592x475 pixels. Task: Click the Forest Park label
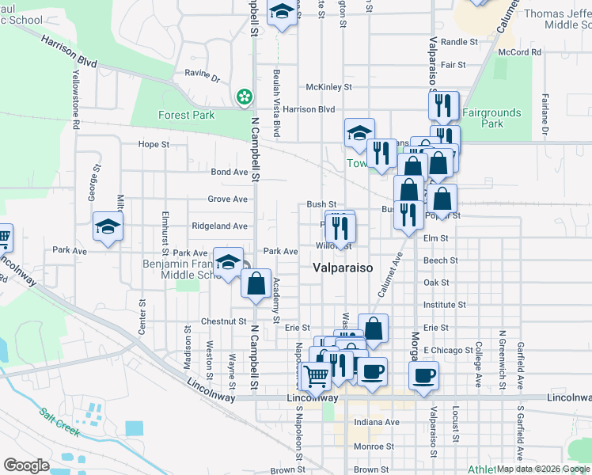(186, 115)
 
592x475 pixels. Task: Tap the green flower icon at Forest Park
(245, 97)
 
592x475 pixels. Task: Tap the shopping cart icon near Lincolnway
(316, 376)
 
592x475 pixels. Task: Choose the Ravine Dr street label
(203, 78)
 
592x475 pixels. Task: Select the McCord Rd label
(519, 52)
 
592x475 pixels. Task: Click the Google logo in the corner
(25, 465)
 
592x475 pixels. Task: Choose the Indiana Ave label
(376, 422)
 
